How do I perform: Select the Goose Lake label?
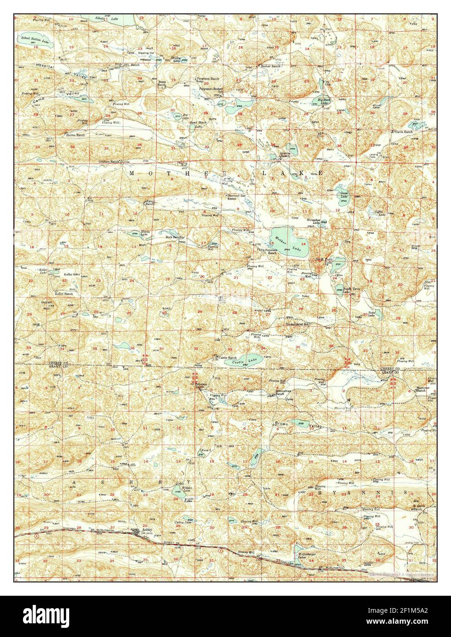pos(344,194)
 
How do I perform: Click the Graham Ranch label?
pos(108,162)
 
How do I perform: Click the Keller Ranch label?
pos(64,294)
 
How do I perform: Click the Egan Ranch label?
pos(149,202)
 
